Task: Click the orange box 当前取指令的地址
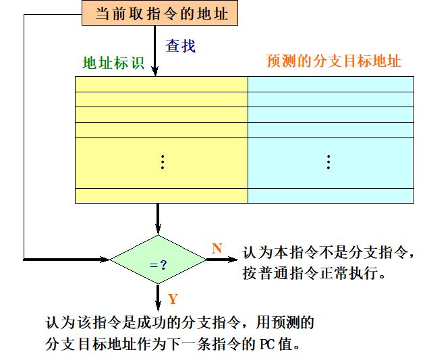coord(160,13)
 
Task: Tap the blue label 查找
coord(181,47)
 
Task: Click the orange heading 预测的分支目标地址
coord(333,61)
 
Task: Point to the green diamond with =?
coord(159,259)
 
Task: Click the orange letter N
coord(217,249)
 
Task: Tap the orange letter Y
coord(173,299)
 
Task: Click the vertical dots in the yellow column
coord(162,162)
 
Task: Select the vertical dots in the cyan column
coord(329,162)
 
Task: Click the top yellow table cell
coord(161,84)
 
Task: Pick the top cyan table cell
coord(331,84)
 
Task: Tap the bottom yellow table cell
coord(161,196)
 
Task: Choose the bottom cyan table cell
coord(331,196)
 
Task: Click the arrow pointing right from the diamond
coord(223,259)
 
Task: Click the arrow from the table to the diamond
coord(159,219)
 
